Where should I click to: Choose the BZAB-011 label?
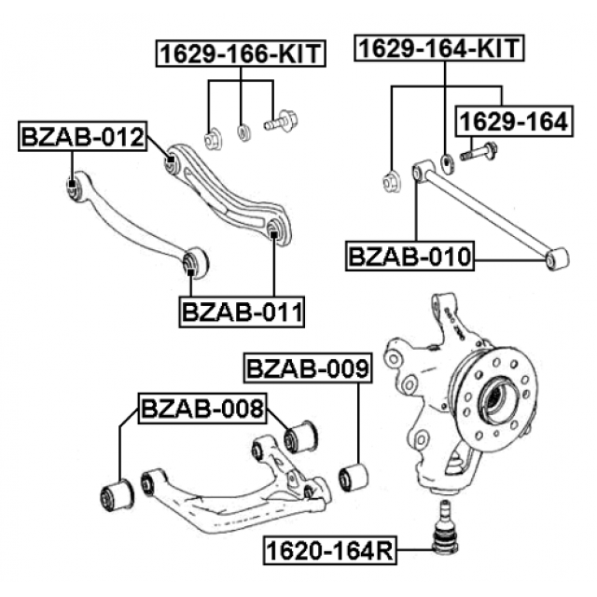click(x=243, y=311)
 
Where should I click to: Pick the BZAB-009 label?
click(x=307, y=368)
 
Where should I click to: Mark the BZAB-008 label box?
click(x=202, y=408)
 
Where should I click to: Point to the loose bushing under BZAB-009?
click(x=354, y=476)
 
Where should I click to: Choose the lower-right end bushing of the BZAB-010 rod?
click(x=558, y=257)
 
